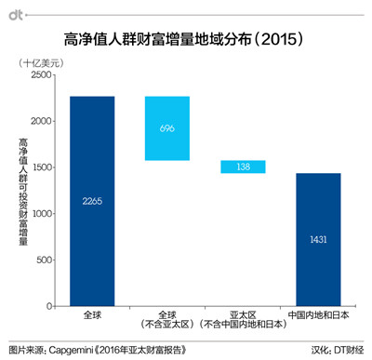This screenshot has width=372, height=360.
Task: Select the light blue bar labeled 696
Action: pyautogui.click(x=167, y=128)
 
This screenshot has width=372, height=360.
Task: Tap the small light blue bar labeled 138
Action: pyautogui.click(x=243, y=167)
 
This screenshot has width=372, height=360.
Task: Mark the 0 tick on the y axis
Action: pyautogui.click(x=48, y=306)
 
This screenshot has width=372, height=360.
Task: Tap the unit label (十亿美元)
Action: pyautogui.click(x=42, y=60)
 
